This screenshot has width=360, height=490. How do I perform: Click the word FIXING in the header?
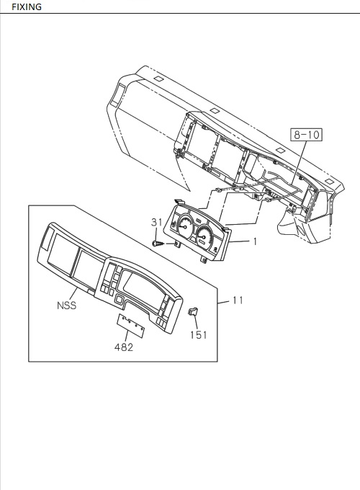tap(27, 6)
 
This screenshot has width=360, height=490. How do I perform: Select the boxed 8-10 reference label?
tap(306, 135)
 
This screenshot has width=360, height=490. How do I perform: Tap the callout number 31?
tap(157, 222)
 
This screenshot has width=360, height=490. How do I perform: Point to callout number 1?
tap(255, 241)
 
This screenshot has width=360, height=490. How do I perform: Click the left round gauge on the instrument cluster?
tap(185, 226)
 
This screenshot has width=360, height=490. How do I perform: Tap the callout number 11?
tap(238, 300)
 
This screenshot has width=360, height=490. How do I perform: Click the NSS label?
tap(66, 306)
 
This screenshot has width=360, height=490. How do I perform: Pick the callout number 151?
tap(199, 335)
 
